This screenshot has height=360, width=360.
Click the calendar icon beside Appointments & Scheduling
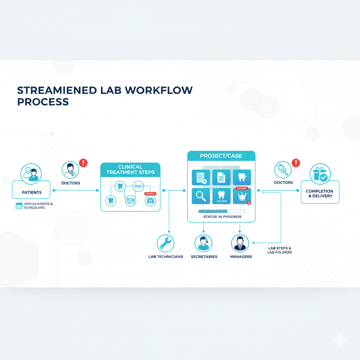click(x=19, y=206)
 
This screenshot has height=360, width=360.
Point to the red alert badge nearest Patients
click(x=83, y=163)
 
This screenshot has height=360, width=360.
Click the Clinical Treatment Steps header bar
click(x=130, y=169)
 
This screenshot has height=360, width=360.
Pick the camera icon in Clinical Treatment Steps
click(x=150, y=200)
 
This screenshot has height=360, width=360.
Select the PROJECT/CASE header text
click(x=221, y=156)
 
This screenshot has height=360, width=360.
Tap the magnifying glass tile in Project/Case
click(x=201, y=196)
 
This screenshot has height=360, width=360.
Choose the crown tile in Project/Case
click(x=242, y=196)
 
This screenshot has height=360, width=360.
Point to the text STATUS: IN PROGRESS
click(x=223, y=217)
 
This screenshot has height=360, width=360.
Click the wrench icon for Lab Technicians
click(x=165, y=243)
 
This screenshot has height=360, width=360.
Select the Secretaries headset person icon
click(x=204, y=243)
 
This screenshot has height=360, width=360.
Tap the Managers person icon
click(x=240, y=243)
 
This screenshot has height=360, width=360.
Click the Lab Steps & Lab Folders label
click(x=279, y=250)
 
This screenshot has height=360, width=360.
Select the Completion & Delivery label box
click(x=320, y=193)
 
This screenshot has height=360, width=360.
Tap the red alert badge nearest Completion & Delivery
click(x=296, y=163)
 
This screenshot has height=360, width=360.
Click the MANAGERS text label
click(x=241, y=257)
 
